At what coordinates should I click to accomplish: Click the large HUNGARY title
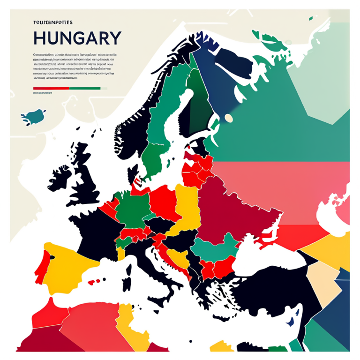pos(77,37)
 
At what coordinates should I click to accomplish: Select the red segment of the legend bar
pos(51,88)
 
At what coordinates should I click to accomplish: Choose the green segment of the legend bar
pos(85,88)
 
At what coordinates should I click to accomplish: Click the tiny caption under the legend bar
pos(43,93)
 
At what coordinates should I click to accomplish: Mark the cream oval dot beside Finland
pos(229,118)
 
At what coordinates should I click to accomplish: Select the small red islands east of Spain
pos(94,282)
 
